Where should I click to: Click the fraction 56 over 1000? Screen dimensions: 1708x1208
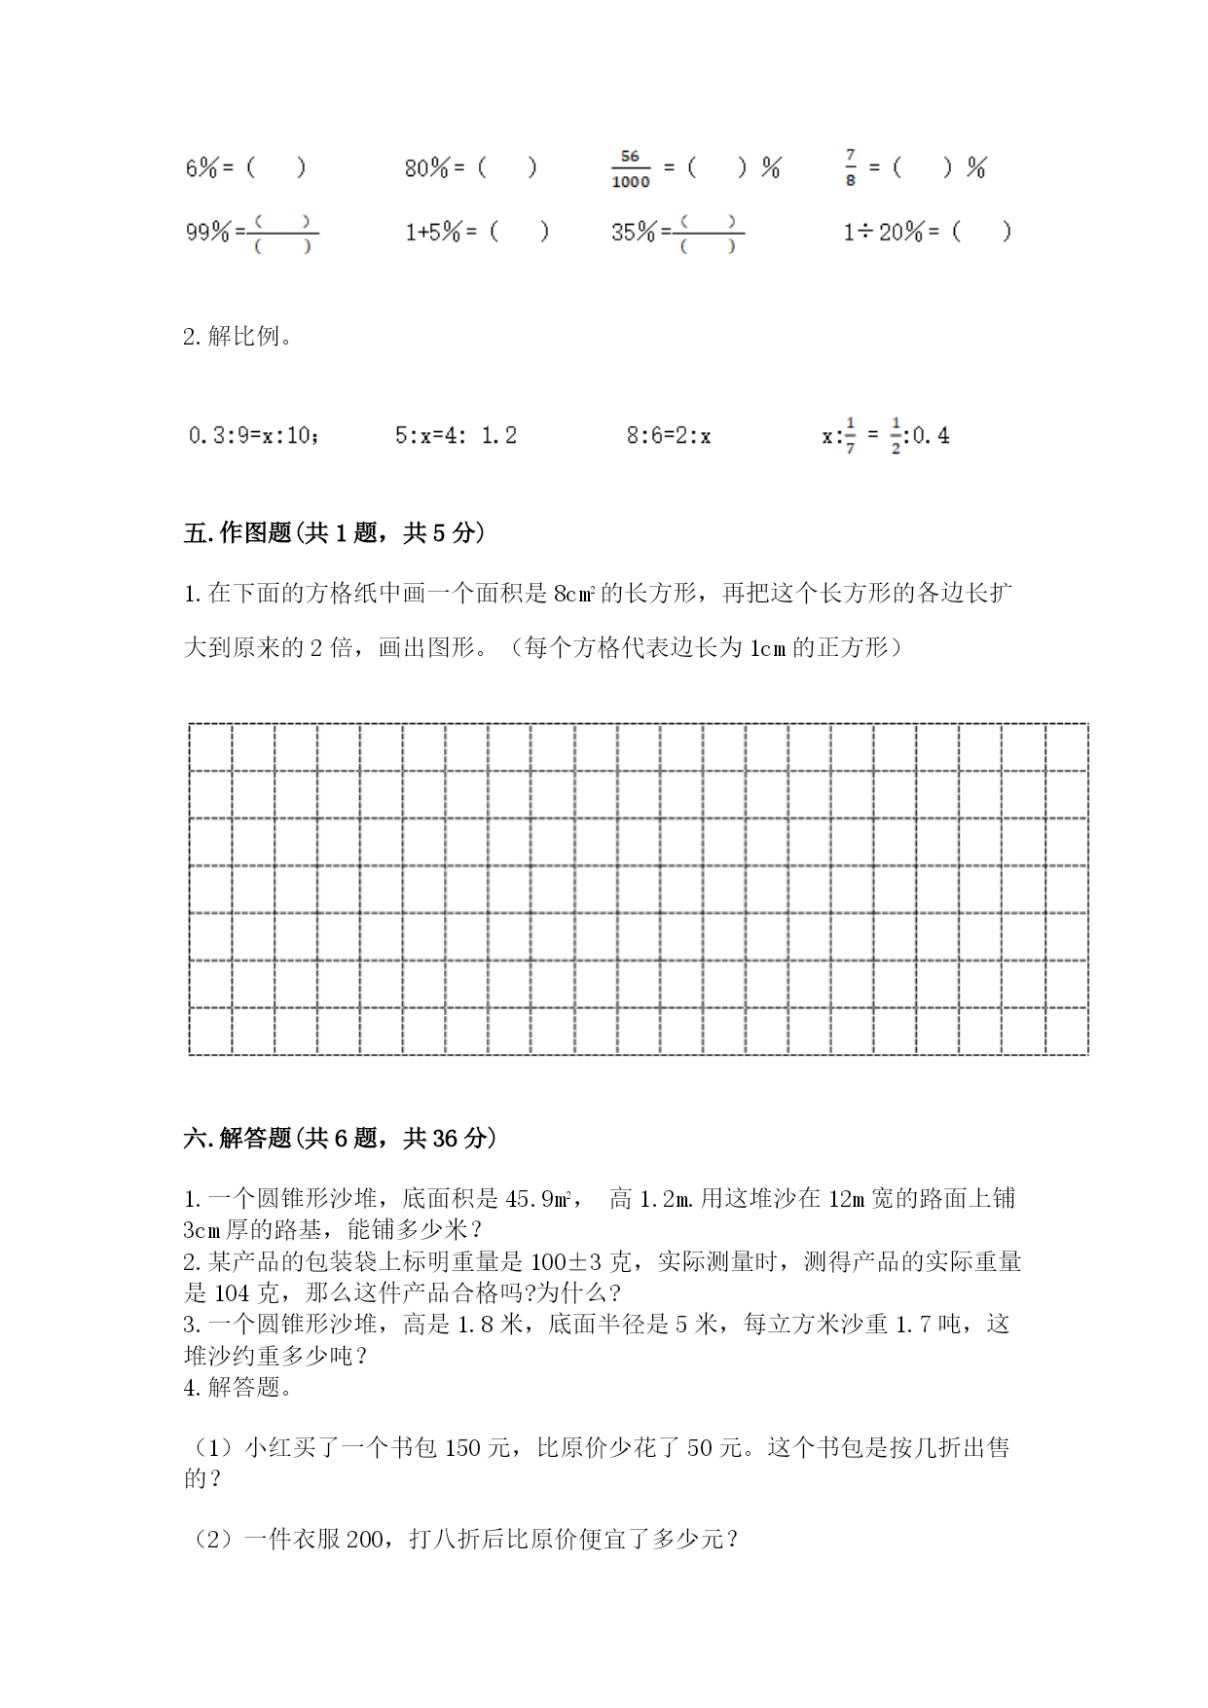click(630, 169)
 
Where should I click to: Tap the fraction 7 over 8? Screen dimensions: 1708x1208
click(851, 167)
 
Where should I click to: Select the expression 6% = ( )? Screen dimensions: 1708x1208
click(245, 168)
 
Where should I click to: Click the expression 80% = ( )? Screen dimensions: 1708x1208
click(470, 168)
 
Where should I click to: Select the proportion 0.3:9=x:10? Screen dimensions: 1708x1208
click(253, 435)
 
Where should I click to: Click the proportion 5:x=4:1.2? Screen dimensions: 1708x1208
click(456, 435)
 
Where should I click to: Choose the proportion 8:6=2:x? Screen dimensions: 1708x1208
click(668, 435)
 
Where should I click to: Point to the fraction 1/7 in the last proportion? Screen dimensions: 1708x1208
click(850, 435)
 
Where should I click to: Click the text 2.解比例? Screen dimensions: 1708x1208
click(238, 337)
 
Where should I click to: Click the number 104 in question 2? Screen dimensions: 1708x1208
click(232, 1293)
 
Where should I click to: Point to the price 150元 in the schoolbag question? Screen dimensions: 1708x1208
click(477, 1448)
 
